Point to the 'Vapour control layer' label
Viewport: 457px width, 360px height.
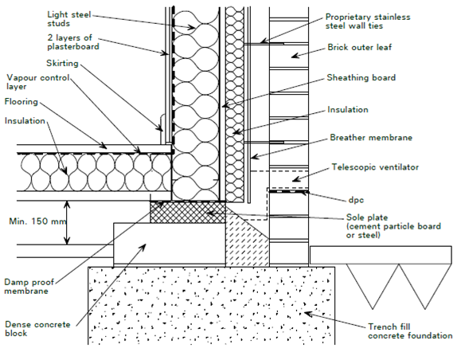point(37,83)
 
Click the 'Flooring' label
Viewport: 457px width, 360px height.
point(21,102)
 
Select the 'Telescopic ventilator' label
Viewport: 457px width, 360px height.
point(373,168)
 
